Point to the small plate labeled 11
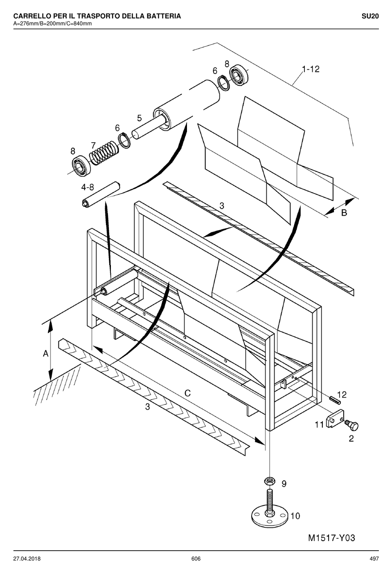(x=335, y=419)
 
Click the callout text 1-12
(x=311, y=69)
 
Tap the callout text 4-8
(x=88, y=187)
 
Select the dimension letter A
(x=45, y=354)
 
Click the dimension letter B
(x=344, y=213)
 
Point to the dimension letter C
(x=187, y=393)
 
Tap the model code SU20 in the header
(x=370, y=16)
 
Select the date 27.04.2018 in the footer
(x=27, y=558)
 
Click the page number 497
(x=374, y=558)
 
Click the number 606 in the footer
(x=196, y=558)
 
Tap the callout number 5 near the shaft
(x=140, y=118)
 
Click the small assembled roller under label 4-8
(x=101, y=194)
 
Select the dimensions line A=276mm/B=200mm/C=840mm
(x=52, y=24)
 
